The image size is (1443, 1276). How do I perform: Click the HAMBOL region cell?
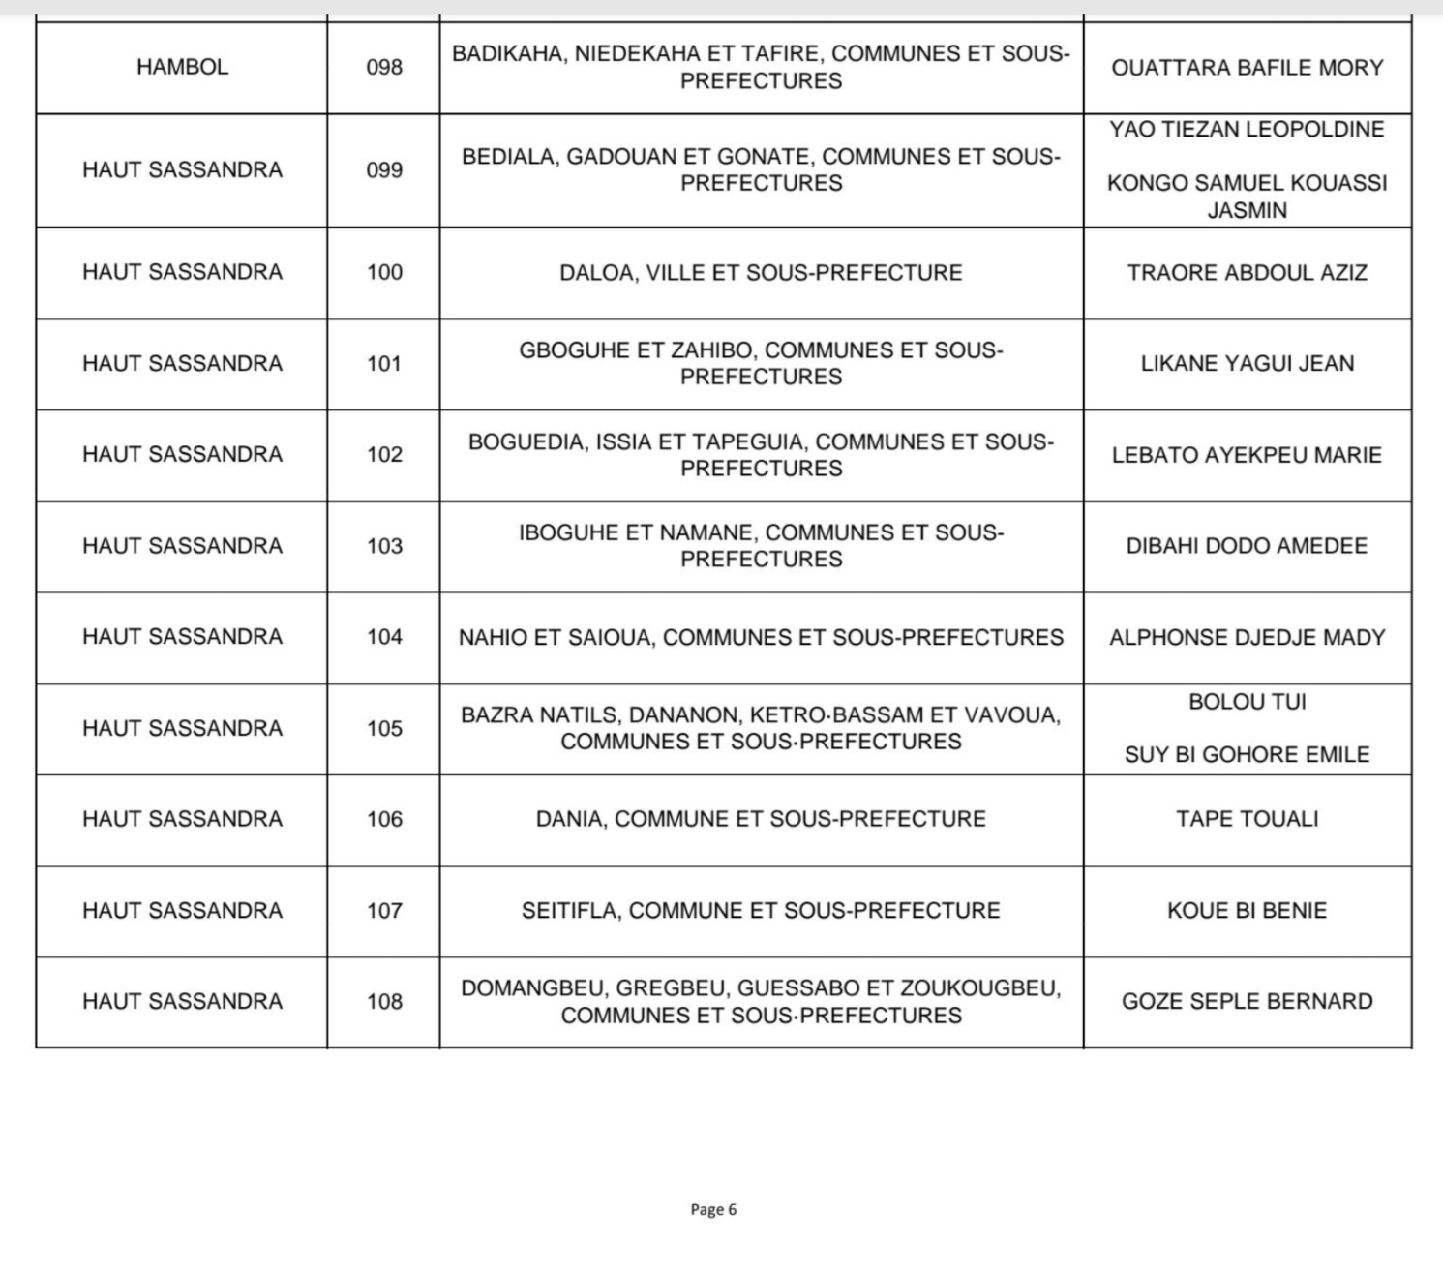[x=182, y=67]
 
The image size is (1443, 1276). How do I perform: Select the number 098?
[x=384, y=68]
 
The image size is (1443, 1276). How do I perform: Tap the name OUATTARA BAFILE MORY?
[x=1247, y=68]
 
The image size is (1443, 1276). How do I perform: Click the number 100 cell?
[x=384, y=272]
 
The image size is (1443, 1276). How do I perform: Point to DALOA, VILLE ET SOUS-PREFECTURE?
[x=761, y=273]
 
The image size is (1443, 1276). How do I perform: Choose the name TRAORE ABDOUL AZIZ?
[x=1247, y=273]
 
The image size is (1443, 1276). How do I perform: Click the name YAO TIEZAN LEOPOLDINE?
[x=1247, y=130]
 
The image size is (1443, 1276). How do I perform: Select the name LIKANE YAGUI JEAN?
[x=1247, y=364]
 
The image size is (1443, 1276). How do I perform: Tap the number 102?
[x=384, y=455]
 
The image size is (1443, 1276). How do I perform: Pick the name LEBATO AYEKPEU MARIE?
[x=1247, y=455]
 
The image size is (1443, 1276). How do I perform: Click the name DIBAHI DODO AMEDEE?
[x=1247, y=546]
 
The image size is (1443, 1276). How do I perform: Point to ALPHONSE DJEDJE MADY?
[x=1247, y=637]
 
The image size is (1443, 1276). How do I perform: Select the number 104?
[x=384, y=637]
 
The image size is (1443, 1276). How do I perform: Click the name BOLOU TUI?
[x=1247, y=702]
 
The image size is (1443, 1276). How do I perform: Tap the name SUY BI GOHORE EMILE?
[x=1247, y=755]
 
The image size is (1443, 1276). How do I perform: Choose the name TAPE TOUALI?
[x=1247, y=819]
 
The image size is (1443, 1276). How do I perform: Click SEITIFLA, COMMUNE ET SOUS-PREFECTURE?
[x=761, y=911]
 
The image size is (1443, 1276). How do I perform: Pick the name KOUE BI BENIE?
[x=1247, y=911]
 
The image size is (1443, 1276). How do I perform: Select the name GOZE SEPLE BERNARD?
[x=1247, y=1002]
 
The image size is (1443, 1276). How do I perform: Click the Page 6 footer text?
[x=713, y=1209]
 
